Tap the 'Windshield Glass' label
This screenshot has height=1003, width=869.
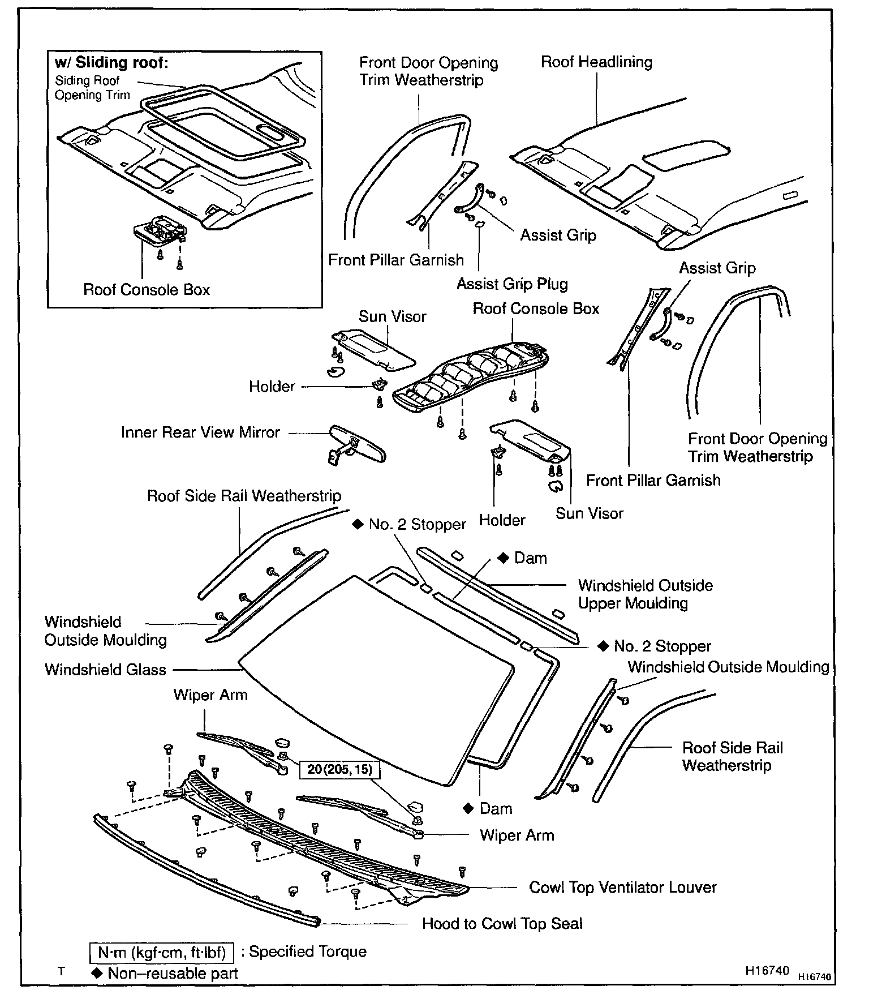click(105, 670)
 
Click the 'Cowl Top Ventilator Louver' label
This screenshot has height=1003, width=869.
click(622, 887)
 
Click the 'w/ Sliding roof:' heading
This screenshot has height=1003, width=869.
click(111, 62)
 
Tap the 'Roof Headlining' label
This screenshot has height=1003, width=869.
click(596, 62)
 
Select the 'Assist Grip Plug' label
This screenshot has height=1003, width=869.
click(512, 284)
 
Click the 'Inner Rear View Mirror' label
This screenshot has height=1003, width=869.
click(200, 432)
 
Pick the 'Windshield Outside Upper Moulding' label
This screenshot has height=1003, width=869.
click(645, 594)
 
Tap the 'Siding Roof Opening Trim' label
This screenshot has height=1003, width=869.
click(92, 88)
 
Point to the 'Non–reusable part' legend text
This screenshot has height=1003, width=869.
click(173, 973)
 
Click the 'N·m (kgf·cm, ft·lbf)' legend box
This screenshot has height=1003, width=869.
click(162, 953)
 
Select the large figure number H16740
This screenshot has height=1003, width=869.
click(767, 970)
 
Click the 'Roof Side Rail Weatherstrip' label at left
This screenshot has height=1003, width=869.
click(244, 496)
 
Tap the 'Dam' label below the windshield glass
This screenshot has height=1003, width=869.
click(496, 808)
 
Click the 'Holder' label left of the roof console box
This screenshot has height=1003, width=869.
click(272, 387)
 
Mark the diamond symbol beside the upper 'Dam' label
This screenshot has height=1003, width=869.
click(503, 558)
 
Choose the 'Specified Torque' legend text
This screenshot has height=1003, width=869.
click(308, 951)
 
